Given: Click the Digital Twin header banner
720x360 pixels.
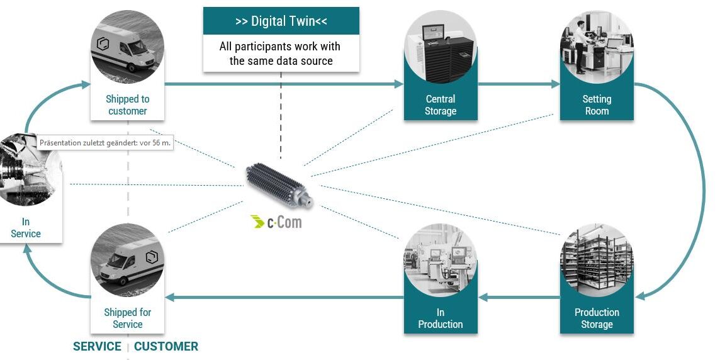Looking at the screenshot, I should [x=281, y=21].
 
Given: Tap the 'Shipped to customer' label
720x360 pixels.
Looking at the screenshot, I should [x=127, y=105].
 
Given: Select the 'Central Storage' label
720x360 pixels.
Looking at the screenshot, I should [x=441, y=105].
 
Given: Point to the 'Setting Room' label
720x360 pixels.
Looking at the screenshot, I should [x=597, y=105].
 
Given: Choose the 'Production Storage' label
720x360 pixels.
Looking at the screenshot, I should [x=597, y=318].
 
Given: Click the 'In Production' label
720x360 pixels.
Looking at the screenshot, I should [x=441, y=318].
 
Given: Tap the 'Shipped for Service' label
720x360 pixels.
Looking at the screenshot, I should [x=127, y=318].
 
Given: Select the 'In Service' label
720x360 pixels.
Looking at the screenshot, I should [x=26, y=228].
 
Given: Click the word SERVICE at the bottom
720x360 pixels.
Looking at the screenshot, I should [x=97, y=346].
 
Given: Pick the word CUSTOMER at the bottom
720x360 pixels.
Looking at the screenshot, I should [x=166, y=346].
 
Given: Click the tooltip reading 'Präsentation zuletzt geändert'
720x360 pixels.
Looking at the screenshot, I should [x=105, y=143].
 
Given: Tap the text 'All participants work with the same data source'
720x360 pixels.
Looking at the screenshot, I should [x=281, y=53].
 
